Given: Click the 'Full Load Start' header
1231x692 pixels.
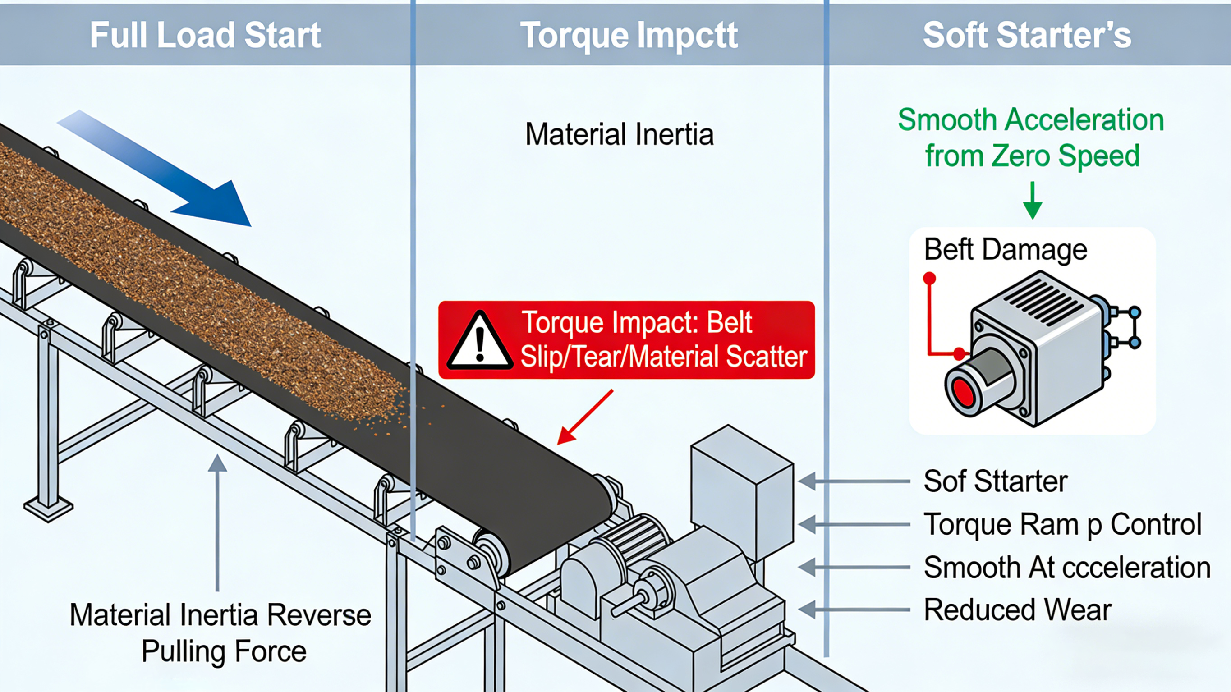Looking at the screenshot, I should click(206, 35).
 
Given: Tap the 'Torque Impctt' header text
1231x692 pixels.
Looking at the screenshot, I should click(629, 35).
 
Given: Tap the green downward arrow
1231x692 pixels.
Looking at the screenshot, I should click(1032, 201).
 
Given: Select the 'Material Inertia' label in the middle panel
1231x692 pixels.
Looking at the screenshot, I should click(619, 134).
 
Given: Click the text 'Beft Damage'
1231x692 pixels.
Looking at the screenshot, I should click(1006, 249).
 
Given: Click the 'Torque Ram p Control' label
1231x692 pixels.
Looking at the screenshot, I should click(1062, 524).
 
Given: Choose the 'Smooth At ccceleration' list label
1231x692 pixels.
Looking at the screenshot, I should click(1067, 567).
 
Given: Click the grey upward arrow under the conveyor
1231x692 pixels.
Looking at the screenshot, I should click(217, 521).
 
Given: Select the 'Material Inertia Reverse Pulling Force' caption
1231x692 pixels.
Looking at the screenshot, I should click(221, 632).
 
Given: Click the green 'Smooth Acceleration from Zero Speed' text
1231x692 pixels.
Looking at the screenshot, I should click(1031, 137).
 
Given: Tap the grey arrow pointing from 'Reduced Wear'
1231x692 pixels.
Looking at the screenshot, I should click(853, 610).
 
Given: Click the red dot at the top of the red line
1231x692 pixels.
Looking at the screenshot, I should click(929, 278).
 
